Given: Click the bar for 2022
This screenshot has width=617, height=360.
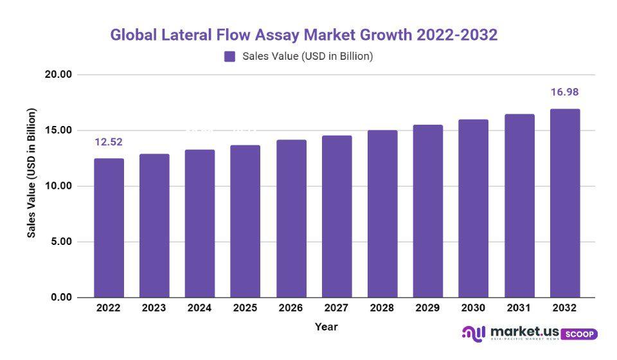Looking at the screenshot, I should (109, 228).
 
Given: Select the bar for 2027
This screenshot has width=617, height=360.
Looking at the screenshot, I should (337, 216).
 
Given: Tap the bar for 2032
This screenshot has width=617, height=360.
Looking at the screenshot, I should (565, 203).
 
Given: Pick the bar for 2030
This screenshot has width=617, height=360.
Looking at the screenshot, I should (474, 208).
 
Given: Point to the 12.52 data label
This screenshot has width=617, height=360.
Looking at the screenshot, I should (109, 141).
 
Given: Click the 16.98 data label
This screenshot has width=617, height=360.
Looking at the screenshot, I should (565, 93).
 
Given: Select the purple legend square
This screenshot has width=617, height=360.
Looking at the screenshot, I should (229, 57).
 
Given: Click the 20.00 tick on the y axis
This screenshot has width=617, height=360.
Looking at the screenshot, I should (59, 75).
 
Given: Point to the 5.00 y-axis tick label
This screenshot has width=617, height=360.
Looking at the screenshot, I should (62, 242).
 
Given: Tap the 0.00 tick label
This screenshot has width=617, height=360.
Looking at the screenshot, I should (62, 298).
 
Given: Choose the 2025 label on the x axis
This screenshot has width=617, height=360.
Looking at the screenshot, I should (246, 308).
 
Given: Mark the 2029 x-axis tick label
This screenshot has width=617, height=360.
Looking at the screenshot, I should (428, 308).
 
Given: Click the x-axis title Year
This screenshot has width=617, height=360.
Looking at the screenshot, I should (326, 327).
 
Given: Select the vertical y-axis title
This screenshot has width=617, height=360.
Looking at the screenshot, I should (31, 173).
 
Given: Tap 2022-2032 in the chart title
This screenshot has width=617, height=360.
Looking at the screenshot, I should (456, 35).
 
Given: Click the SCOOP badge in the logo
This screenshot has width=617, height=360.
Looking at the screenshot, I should (579, 334).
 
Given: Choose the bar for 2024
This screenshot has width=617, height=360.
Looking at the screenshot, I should (200, 224).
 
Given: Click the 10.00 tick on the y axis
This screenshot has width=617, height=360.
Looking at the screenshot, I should (59, 186).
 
